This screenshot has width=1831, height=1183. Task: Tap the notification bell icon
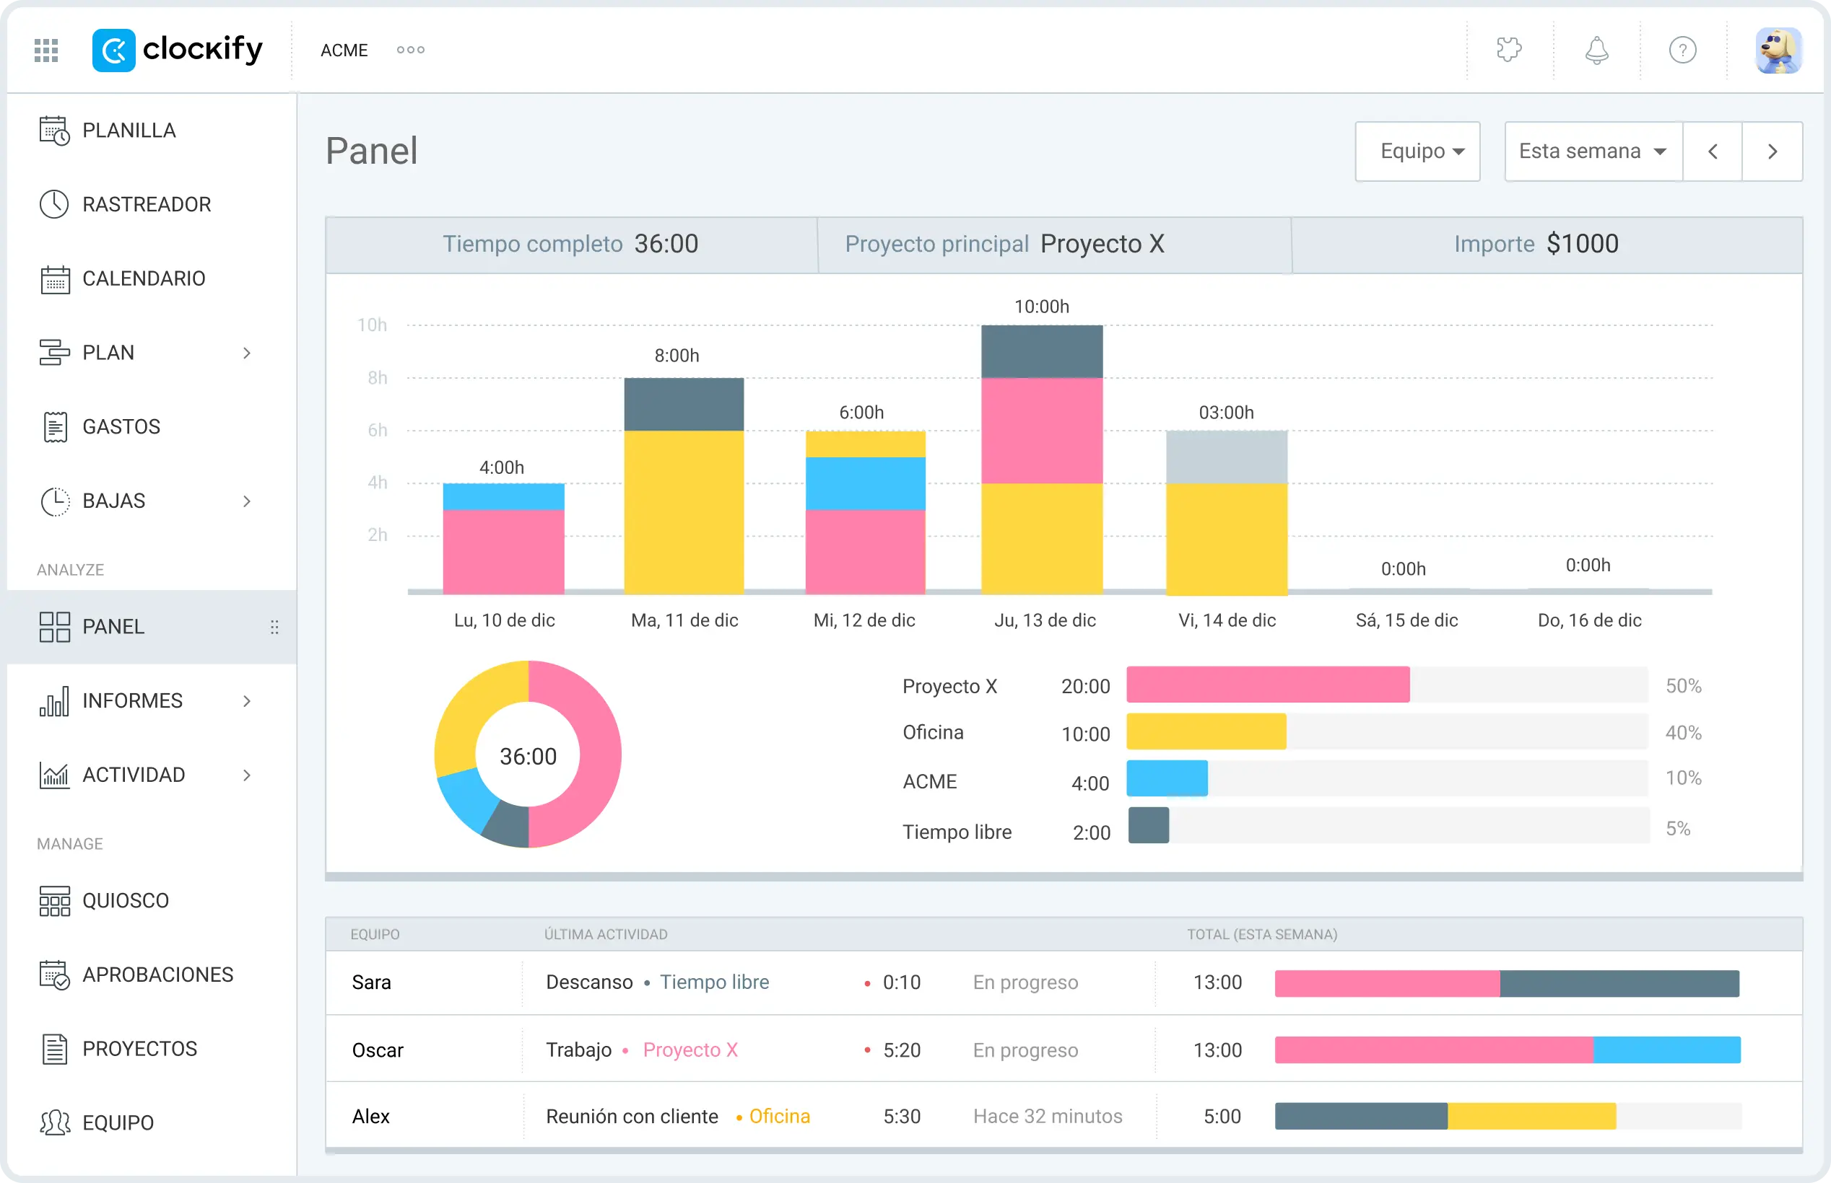[1596, 50]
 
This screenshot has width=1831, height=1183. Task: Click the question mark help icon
[1683, 50]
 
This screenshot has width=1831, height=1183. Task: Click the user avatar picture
[1778, 50]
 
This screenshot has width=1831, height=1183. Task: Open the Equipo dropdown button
[1417, 151]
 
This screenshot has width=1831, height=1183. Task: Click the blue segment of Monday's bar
[503, 497]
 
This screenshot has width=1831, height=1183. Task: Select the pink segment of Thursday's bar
[1042, 430]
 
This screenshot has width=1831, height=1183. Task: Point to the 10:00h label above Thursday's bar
[1042, 307]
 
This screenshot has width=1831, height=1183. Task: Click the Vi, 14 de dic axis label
[1227, 620]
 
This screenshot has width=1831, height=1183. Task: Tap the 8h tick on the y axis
[378, 378]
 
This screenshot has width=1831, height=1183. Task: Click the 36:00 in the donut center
[528, 757]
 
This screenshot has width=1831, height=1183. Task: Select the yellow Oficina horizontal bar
[1206, 731]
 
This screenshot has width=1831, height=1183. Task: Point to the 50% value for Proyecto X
[1684, 686]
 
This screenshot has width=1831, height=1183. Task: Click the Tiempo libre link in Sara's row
[714, 982]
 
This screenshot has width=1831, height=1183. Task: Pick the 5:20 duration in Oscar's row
[902, 1050]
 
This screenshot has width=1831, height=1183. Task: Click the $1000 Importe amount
[1583, 245]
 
